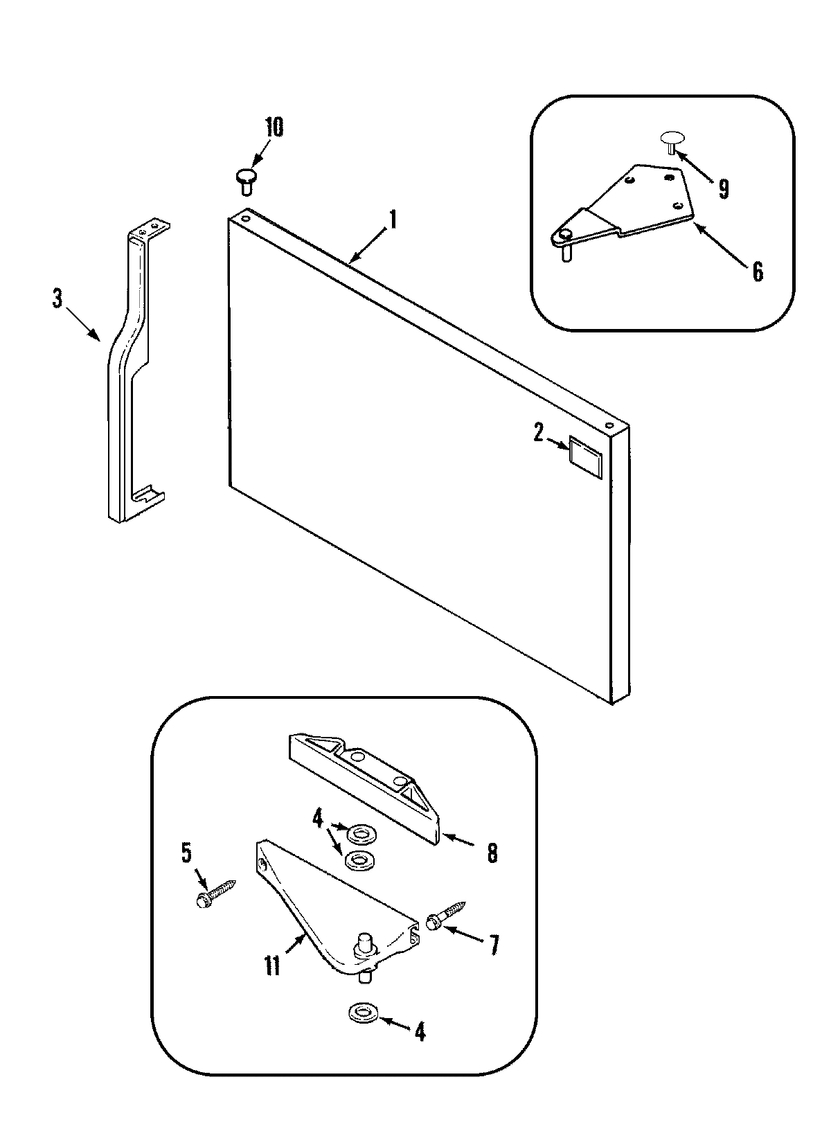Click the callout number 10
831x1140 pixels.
point(274,129)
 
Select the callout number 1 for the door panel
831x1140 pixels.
point(393,221)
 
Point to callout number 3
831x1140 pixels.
point(57,299)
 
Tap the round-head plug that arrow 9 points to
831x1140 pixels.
point(670,139)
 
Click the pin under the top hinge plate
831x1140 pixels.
point(566,253)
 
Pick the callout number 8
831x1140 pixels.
point(492,853)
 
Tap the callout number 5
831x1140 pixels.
point(186,854)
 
